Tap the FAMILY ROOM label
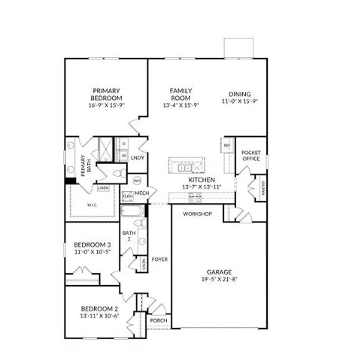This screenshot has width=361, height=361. click(x=180, y=94)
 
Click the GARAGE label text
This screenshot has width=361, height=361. click(x=220, y=272)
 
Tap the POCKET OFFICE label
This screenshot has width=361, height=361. click(x=250, y=155)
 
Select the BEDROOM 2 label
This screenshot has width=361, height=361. click(x=99, y=309)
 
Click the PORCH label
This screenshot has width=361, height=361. click(x=158, y=320)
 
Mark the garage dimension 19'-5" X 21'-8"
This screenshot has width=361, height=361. click(x=220, y=279)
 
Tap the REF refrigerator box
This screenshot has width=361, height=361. click(x=226, y=145)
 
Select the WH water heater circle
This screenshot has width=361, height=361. click(x=138, y=180)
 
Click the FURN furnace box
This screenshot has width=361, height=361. click(x=128, y=196)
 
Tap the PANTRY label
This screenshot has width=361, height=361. click(x=263, y=190)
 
